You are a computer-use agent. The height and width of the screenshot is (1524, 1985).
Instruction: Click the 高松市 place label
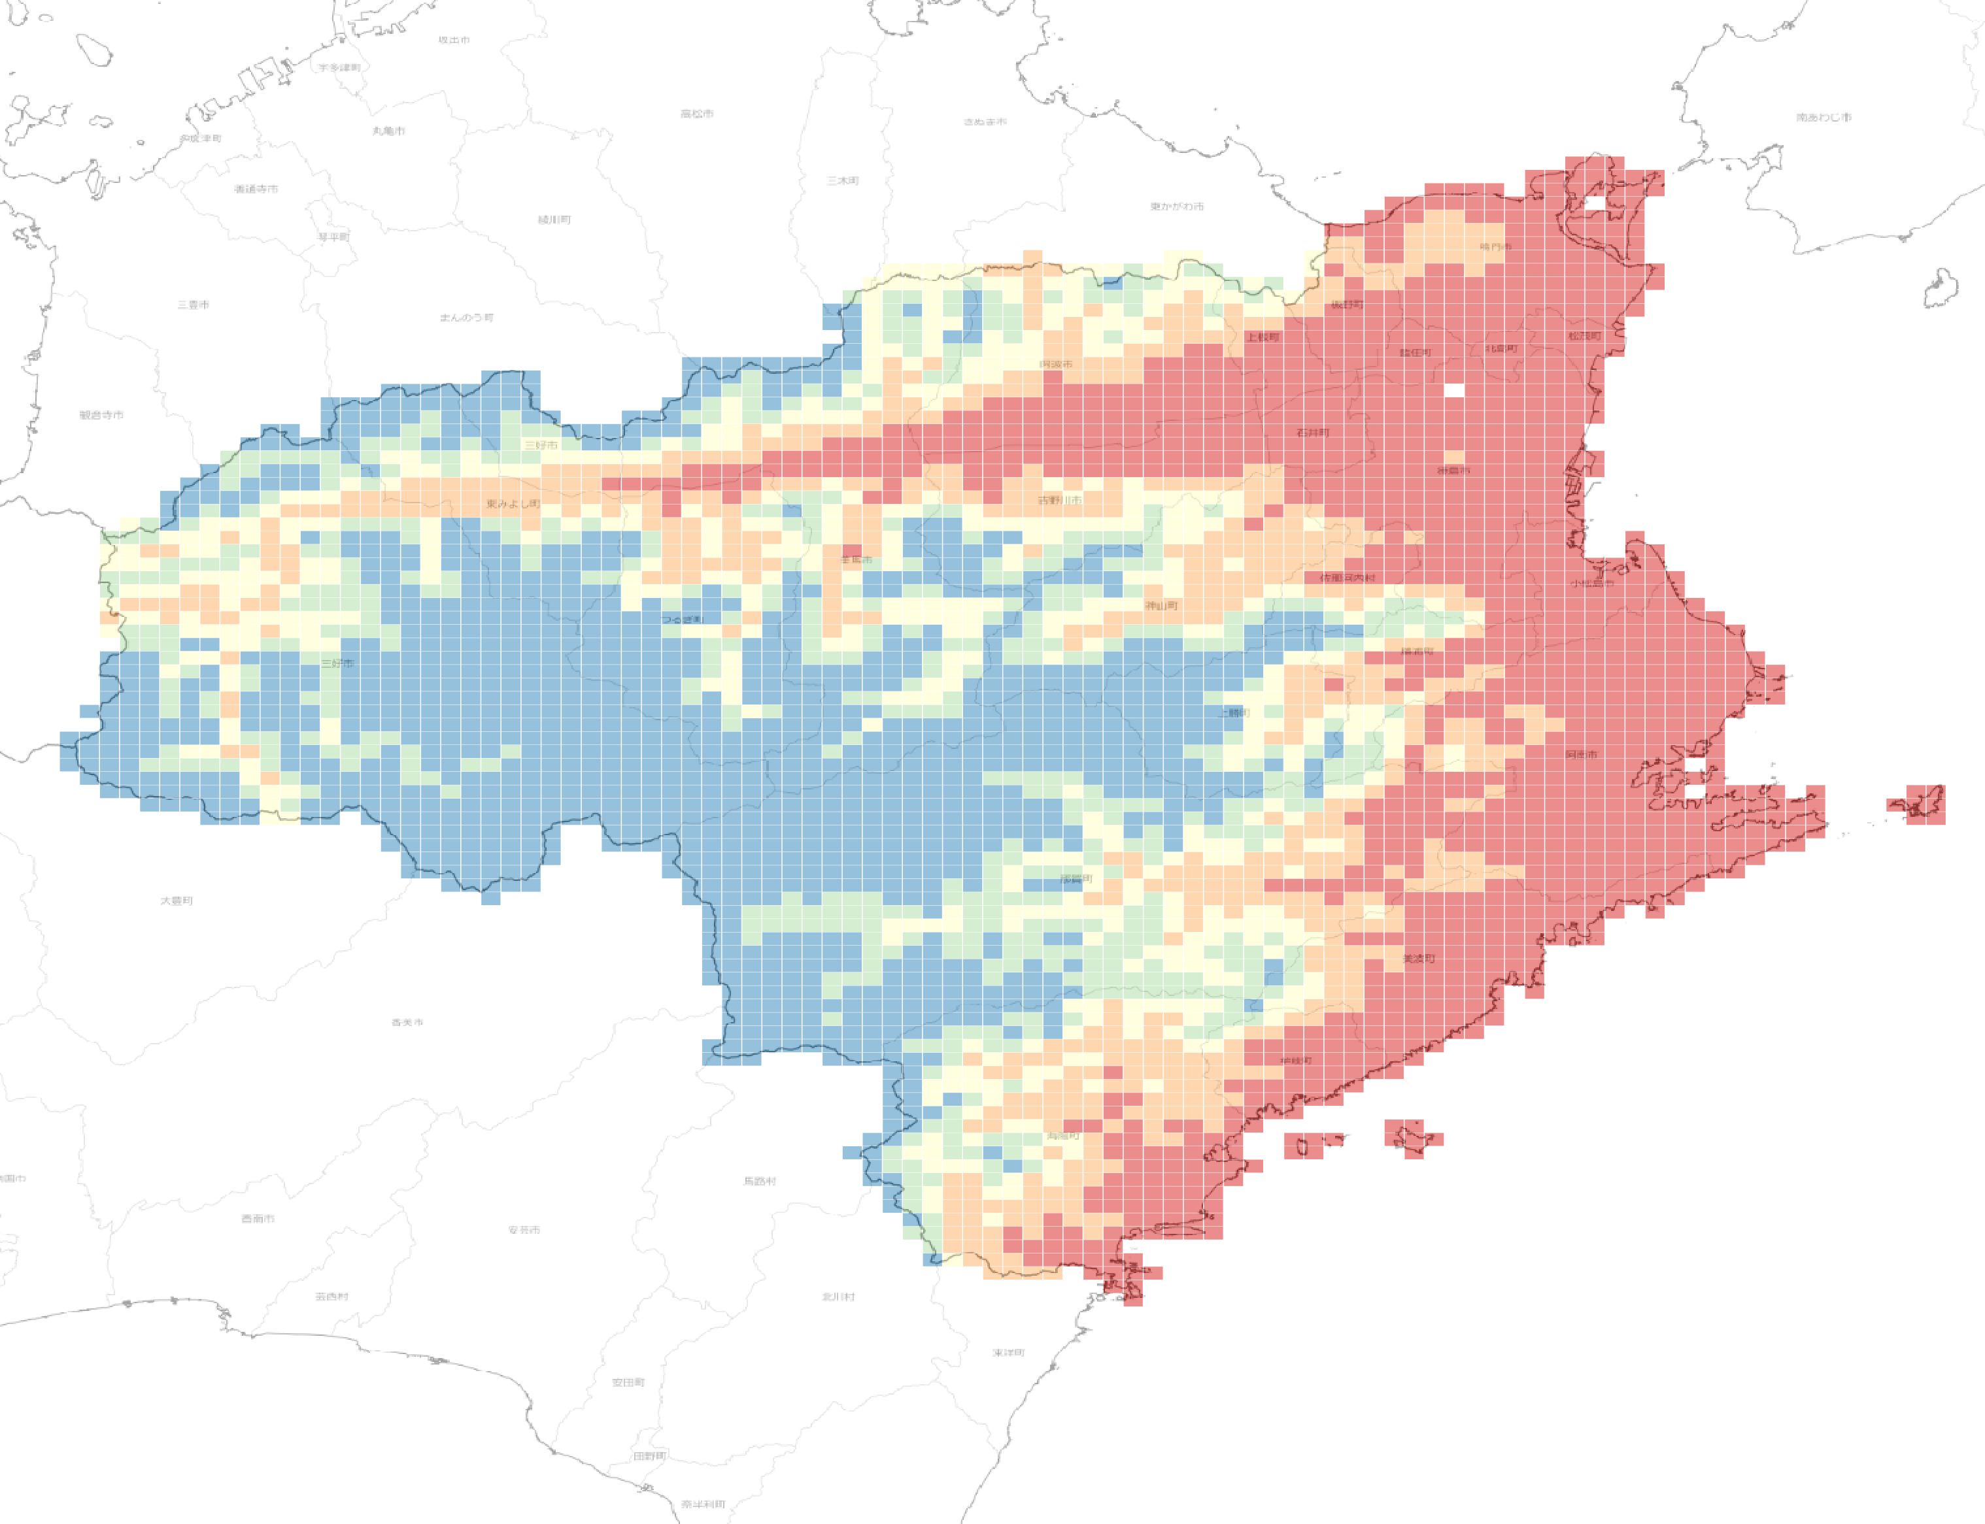tap(696, 114)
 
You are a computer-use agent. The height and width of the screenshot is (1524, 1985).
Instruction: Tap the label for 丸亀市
tap(388, 131)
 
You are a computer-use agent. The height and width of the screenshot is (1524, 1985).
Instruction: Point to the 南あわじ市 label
tap(1824, 118)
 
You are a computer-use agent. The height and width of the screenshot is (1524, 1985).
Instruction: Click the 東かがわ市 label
tap(1177, 207)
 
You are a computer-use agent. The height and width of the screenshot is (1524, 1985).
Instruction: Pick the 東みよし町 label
tap(513, 503)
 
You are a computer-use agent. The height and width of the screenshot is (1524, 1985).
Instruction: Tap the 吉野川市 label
tap(1059, 501)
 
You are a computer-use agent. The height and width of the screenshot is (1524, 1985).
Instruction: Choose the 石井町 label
tap(1312, 433)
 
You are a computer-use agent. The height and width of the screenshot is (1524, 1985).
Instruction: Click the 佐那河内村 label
tap(1347, 578)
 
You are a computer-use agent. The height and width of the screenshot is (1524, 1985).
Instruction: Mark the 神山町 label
tap(1161, 605)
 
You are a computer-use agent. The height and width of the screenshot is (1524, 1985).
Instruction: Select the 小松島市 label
tap(1592, 584)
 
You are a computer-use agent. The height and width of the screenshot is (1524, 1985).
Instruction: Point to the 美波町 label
tap(1419, 959)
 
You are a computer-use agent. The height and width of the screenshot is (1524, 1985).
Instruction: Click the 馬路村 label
tap(760, 1181)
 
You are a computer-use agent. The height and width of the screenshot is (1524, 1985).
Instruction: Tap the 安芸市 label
tap(524, 1230)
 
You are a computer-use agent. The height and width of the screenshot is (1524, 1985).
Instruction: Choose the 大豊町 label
tap(176, 901)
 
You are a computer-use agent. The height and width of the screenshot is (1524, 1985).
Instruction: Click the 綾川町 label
tap(554, 220)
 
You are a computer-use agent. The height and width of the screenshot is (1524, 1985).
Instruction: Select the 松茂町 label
tap(1585, 336)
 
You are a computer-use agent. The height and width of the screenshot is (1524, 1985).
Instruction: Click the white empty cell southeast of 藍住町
tap(1454, 390)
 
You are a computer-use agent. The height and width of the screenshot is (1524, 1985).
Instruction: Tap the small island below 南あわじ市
tap(1941, 288)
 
